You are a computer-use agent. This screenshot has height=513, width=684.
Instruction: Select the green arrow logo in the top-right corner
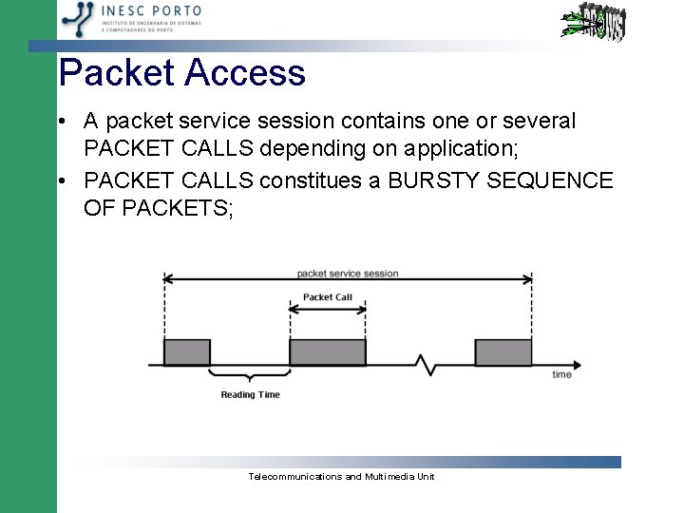pyautogui.click(x=590, y=24)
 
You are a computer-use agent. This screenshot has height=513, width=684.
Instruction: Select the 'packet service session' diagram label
pyautogui.click(x=347, y=274)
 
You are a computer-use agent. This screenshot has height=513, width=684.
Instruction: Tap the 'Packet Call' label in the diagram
pyautogui.click(x=327, y=297)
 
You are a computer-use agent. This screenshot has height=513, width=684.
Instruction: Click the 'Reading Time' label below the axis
pyautogui.click(x=250, y=394)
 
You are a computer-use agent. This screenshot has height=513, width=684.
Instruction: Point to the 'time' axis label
pyautogui.click(x=562, y=374)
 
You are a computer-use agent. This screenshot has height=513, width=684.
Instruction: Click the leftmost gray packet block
pyautogui.click(x=187, y=352)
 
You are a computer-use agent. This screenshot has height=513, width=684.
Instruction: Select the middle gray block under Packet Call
pyautogui.click(x=327, y=352)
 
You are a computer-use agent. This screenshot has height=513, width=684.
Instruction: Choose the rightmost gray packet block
pyautogui.click(x=503, y=352)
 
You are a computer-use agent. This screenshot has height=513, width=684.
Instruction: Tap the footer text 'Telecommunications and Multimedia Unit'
pyautogui.click(x=341, y=476)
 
